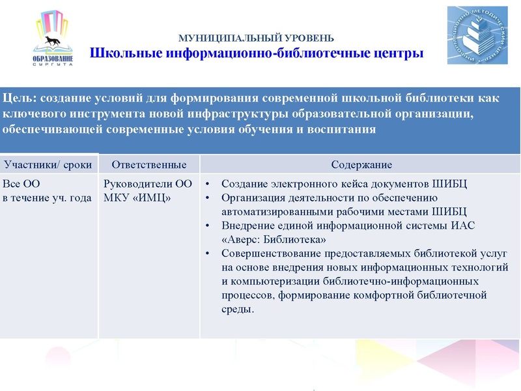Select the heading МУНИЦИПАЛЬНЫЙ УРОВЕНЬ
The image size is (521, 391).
pyautogui.click(x=256, y=38)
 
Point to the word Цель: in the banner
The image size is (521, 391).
pyautogui.click(x=20, y=98)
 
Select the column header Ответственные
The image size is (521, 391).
pyautogui.click(x=149, y=164)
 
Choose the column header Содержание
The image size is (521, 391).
pyautogui.click(x=361, y=164)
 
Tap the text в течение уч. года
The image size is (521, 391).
pyautogui.click(x=47, y=197)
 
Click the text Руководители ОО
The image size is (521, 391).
pyautogui.click(x=148, y=184)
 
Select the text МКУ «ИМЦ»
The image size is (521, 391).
pyautogui.click(x=137, y=197)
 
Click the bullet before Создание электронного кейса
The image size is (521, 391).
pyautogui.click(x=208, y=184)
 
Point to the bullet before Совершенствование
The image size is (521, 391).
pyautogui.click(x=208, y=253)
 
